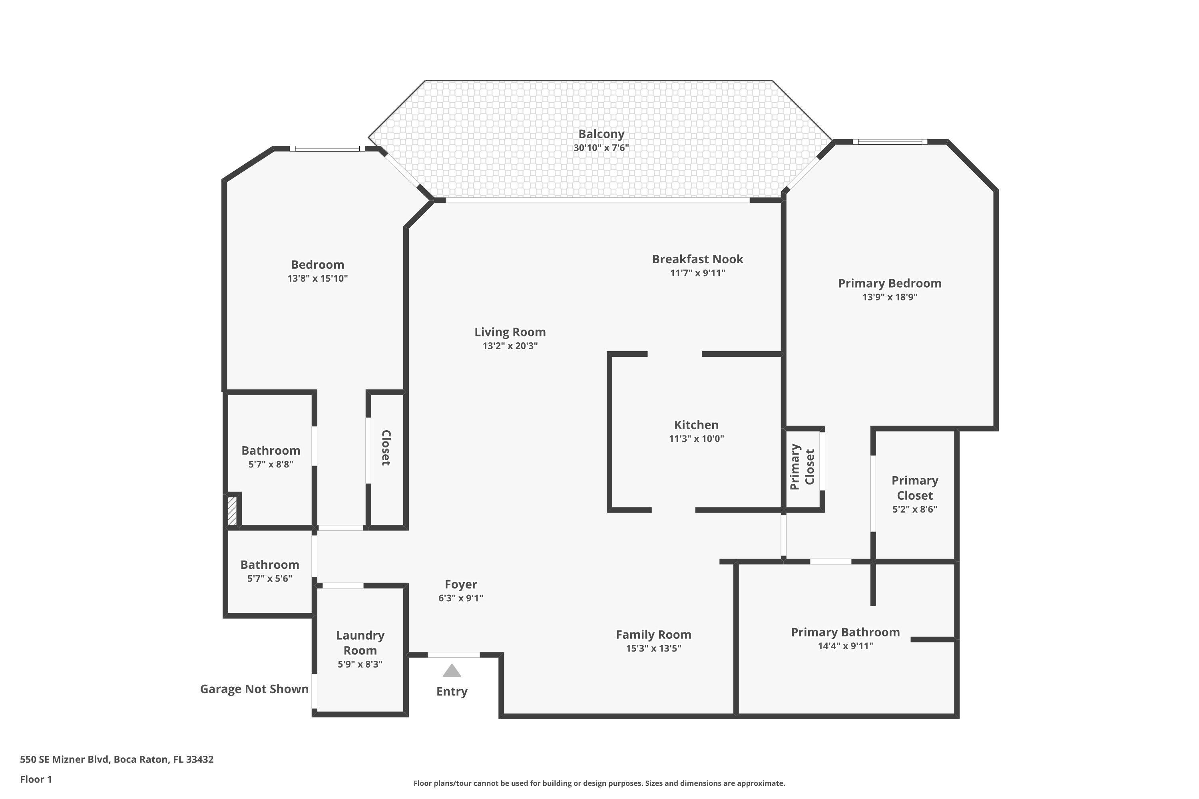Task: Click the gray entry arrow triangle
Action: (x=452, y=671)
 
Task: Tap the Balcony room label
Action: (x=601, y=134)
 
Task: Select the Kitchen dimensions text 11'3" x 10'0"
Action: (x=696, y=439)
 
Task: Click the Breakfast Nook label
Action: (x=697, y=259)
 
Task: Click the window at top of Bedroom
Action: (x=327, y=149)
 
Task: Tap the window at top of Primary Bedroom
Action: (x=890, y=142)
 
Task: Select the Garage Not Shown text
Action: (x=254, y=689)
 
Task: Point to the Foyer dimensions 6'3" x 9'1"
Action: (x=460, y=598)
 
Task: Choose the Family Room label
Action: (x=653, y=634)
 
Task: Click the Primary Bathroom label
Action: (x=845, y=632)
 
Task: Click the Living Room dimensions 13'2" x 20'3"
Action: (x=510, y=346)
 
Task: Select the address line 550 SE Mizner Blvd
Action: (x=116, y=759)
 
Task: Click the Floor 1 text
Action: (x=36, y=779)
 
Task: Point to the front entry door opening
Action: (x=453, y=655)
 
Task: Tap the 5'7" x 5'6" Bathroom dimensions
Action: (x=270, y=578)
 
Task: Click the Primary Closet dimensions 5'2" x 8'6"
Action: (x=914, y=509)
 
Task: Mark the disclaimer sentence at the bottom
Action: (x=599, y=783)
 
